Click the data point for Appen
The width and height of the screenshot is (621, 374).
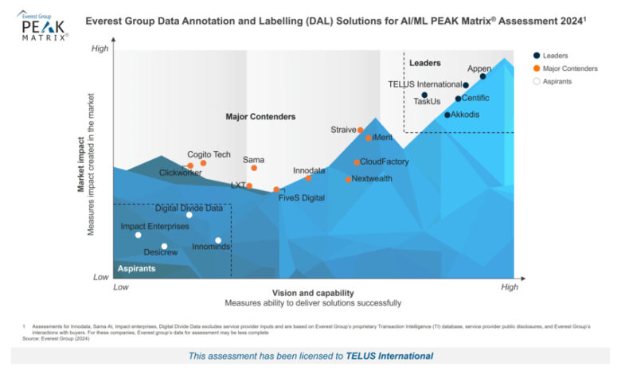click(482, 76)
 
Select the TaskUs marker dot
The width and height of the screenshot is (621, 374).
click(425, 95)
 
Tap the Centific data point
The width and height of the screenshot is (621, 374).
click(458, 99)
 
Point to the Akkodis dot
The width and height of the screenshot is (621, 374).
click(447, 115)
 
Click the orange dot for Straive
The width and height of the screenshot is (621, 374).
click(361, 130)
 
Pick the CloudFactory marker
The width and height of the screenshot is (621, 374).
click(357, 162)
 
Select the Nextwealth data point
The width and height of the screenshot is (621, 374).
click(349, 179)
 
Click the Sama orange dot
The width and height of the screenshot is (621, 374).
click(254, 168)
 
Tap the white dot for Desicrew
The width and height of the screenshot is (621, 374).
click(164, 247)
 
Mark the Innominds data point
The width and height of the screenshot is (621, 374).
click(218, 240)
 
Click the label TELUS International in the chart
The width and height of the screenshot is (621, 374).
click(424, 84)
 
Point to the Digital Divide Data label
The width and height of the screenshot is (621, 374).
click(189, 208)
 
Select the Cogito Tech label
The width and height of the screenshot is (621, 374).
click(209, 154)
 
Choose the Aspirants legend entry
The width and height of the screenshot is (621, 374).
click(557, 81)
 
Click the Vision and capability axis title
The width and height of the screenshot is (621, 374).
click(312, 292)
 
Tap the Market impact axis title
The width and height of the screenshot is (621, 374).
click(81, 164)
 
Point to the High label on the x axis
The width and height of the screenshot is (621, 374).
click(508, 286)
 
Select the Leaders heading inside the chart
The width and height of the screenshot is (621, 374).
click(424, 62)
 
